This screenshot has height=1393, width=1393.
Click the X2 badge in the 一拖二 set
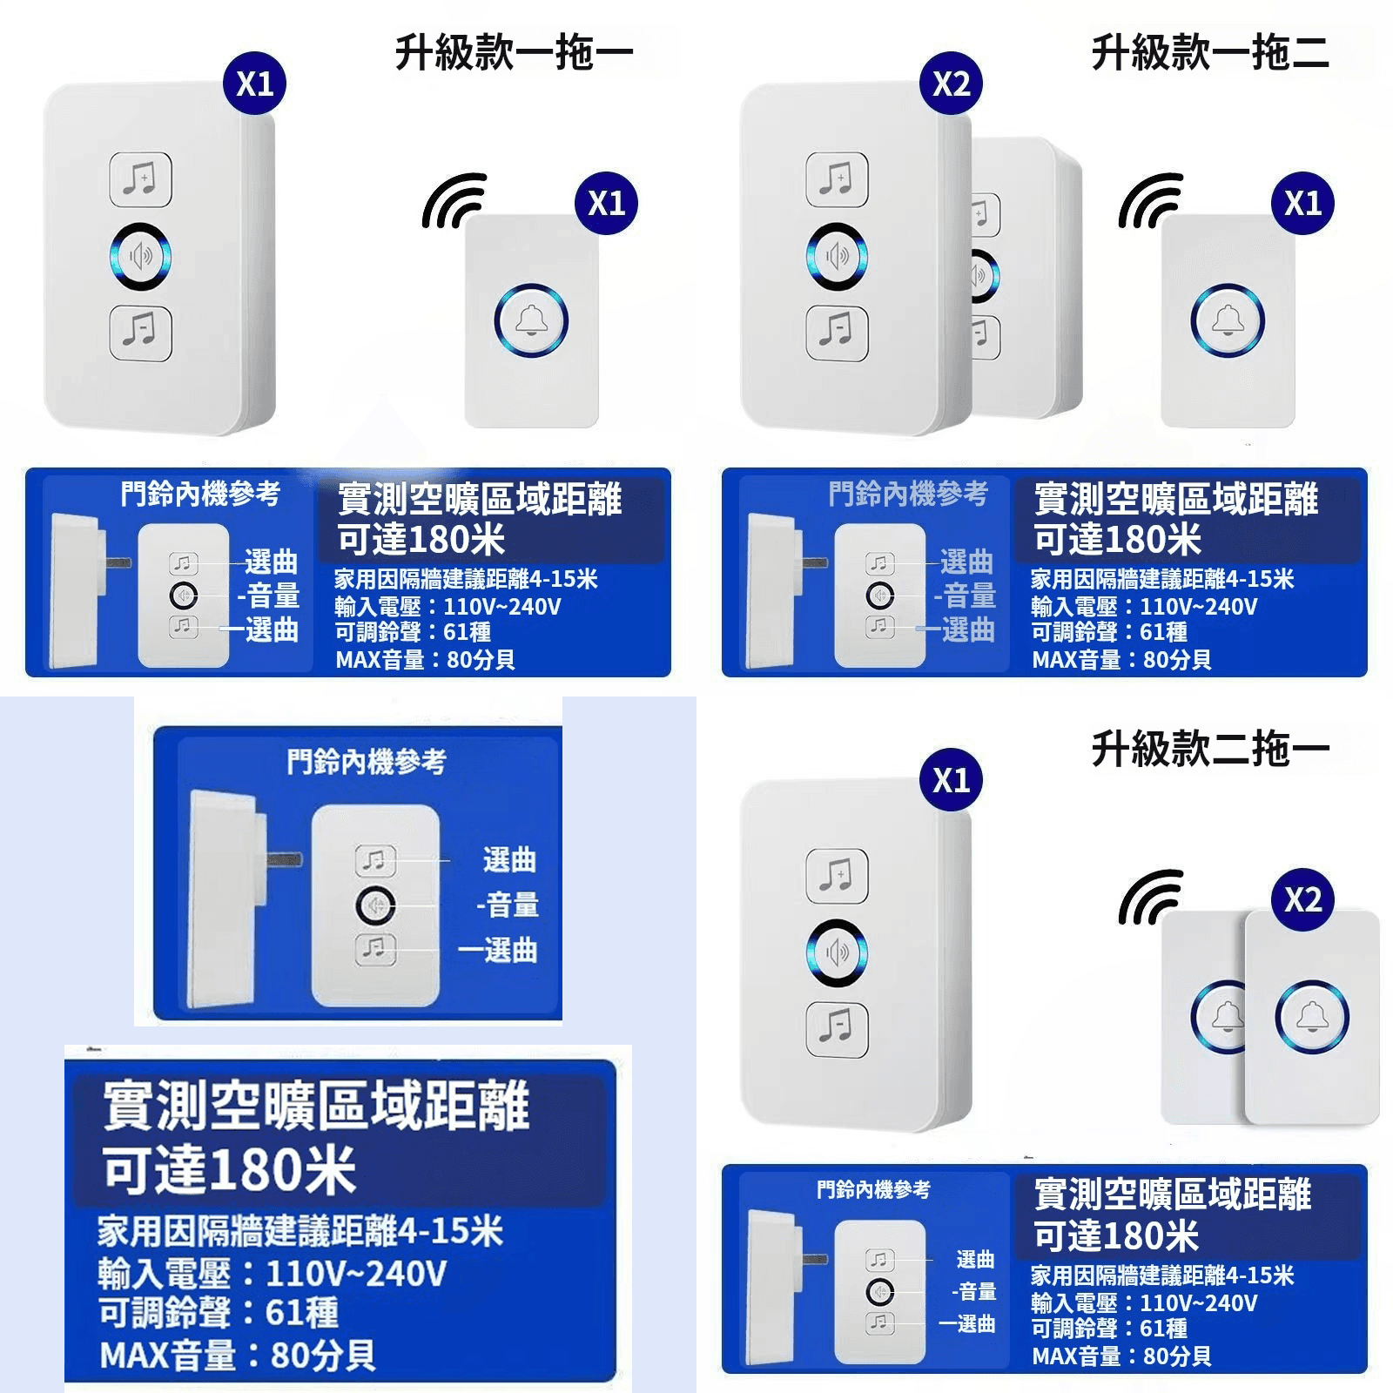pyautogui.click(x=951, y=84)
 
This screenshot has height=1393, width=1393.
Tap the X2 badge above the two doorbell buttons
pyautogui.click(x=1302, y=899)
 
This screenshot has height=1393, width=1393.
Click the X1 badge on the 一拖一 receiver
pyautogui.click(x=254, y=84)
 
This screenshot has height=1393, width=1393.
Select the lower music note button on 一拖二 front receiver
pyautogui.click(x=837, y=332)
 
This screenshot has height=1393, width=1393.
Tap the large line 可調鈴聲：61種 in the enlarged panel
pyautogui.click(x=218, y=1312)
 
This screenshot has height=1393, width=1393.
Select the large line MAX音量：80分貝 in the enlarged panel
pyautogui.click(x=237, y=1356)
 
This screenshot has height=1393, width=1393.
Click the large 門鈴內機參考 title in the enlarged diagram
pyautogui.click(x=367, y=763)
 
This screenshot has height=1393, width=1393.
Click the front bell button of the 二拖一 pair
pyautogui.click(x=1312, y=1016)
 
